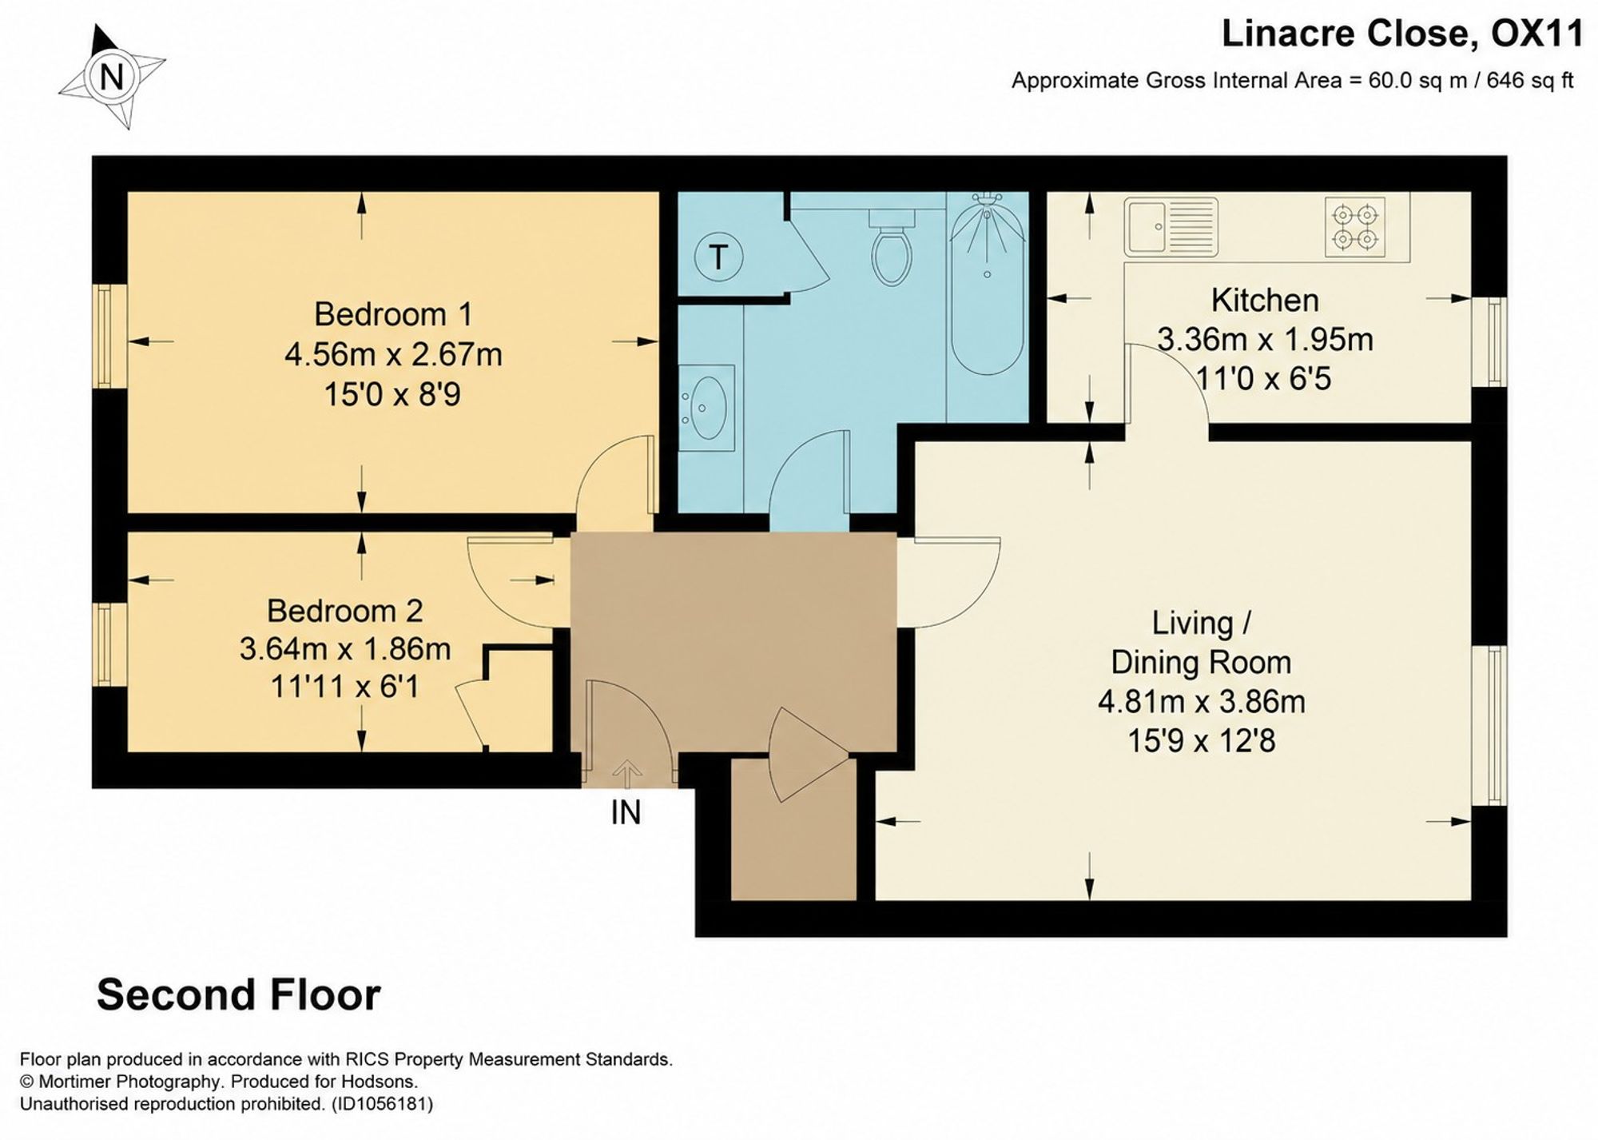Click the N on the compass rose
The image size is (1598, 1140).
[112, 78]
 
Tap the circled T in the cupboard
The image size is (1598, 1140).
[718, 257]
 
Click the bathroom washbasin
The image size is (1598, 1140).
[707, 408]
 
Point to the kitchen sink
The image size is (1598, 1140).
[1171, 228]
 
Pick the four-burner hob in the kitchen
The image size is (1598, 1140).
[1355, 228]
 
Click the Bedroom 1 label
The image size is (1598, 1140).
[393, 314]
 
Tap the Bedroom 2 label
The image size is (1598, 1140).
[345, 611]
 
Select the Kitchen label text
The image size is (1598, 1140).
[1265, 301]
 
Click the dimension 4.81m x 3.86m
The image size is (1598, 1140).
[1202, 702]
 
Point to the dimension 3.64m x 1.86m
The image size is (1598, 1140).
[345, 649]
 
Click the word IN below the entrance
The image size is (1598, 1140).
[626, 813]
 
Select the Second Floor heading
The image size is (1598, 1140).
[239, 995]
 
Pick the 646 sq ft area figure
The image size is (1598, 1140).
[1530, 81]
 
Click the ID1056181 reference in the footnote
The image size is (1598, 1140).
[382, 1104]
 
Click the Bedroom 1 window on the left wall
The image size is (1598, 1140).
[110, 337]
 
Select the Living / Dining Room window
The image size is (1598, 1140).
[1490, 725]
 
